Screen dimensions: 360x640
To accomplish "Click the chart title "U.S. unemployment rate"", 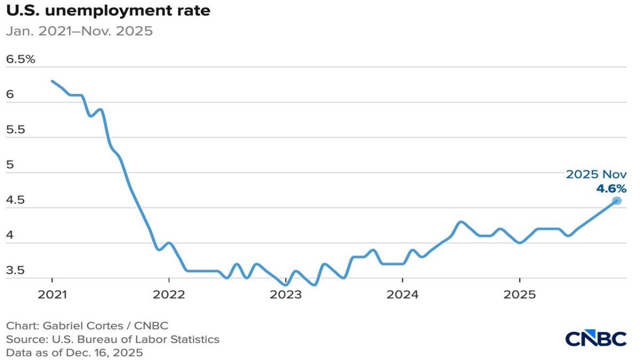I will pyautogui.click(x=108, y=11).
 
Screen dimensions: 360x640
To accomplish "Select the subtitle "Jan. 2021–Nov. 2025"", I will pyautogui.click(x=79, y=31).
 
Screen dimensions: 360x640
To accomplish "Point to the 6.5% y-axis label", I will pyautogui.click(x=20, y=59).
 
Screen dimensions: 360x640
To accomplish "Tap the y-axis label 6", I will pyautogui.click(x=9, y=94).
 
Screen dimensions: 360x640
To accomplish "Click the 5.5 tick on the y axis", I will pyautogui.click(x=16, y=130).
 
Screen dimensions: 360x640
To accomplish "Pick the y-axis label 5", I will pyautogui.click(x=9, y=165).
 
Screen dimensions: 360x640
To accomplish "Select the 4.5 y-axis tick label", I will pyautogui.click(x=16, y=200).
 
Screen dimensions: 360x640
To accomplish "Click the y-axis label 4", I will pyautogui.click(x=9, y=235).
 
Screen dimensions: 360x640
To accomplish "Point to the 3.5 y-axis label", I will pyautogui.click(x=16, y=270).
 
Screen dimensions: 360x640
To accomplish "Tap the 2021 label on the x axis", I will pyautogui.click(x=52, y=293).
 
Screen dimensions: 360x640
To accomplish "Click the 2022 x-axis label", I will pyautogui.click(x=169, y=293).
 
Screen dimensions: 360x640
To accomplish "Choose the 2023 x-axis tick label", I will pyautogui.click(x=285, y=293).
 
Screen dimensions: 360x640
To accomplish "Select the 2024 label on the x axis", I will pyautogui.click(x=402, y=293).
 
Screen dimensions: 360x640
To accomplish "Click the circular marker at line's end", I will pyautogui.click(x=617, y=201).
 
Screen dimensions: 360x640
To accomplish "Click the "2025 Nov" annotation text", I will pyautogui.click(x=596, y=174).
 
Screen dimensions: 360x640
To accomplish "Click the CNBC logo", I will pyautogui.click(x=596, y=339).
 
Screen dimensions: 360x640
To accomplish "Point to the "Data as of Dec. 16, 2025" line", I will pyautogui.click(x=75, y=352).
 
